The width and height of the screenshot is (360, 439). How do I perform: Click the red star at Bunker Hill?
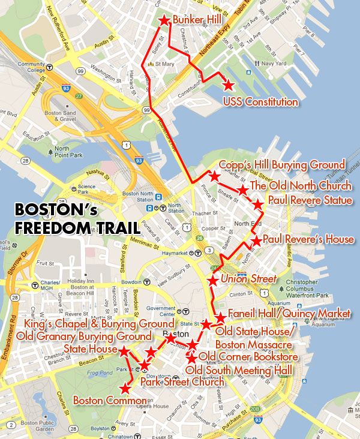(x=164, y=21)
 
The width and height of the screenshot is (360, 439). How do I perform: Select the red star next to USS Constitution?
(x=228, y=86)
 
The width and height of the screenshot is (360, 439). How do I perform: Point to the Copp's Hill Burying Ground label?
(x=282, y=165)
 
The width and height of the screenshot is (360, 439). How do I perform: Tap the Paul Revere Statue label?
(x=310, y=200)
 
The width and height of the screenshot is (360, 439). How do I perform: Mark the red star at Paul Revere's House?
(x=256, y=241)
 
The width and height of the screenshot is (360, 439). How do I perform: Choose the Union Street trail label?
(x=248, y=279)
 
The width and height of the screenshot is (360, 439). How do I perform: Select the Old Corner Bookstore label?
(x=248, y=357)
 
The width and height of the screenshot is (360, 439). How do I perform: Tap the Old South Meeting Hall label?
(x=239, y=371)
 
